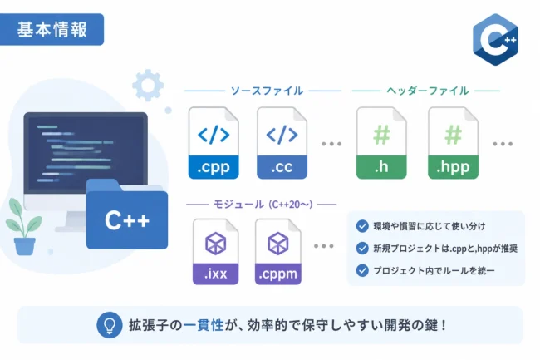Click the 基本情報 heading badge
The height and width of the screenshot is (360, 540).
pyautogui.click(x=52, y=29)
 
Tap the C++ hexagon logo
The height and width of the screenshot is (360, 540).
pyautogui.click(x=495, y=40)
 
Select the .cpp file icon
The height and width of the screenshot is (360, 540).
pyautogui.click(x=214, y=143)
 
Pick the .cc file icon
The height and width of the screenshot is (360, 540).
pyautogui.click(x=282, y=143)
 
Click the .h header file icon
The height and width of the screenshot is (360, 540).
pyautogui.click(x=381, y=143)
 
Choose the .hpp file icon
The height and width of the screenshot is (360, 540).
pyautogui.click(x=454, y=143)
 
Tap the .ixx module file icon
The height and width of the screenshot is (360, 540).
pyautogui.click(x=216, y=252)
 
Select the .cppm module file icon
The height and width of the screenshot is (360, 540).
pyautogui.click(x=278, y=252)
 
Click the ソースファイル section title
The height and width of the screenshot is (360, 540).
pyautogui.click(x=267, y=91)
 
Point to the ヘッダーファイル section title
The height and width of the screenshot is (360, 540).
pyautogui.click(x=427, y=91)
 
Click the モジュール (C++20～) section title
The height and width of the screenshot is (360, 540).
pyautogui.click(x=263, y=205)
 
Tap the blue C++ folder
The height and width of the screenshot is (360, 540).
pyautogui.click(x=127, y=215)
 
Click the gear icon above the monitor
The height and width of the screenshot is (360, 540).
pyautogui.click(x=148, y=85)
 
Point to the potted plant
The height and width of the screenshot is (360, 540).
pyautogui.click(x=23, y=227)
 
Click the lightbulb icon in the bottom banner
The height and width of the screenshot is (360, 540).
pyautogui.click(x=110, y=325)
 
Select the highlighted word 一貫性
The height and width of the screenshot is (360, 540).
pyautogui.click(x=204, y=325)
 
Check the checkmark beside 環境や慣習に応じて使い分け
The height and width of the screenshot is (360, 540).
pyautogui.click(x=362, y=226)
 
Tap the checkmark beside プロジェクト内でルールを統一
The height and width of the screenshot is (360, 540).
pyautogui.click(x=362, y=270)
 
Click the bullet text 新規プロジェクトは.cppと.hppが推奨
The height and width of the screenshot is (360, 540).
pyautogui.click(x=445, y=249)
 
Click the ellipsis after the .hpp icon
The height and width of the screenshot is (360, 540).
pyautogui.click(x=503, y=144)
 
